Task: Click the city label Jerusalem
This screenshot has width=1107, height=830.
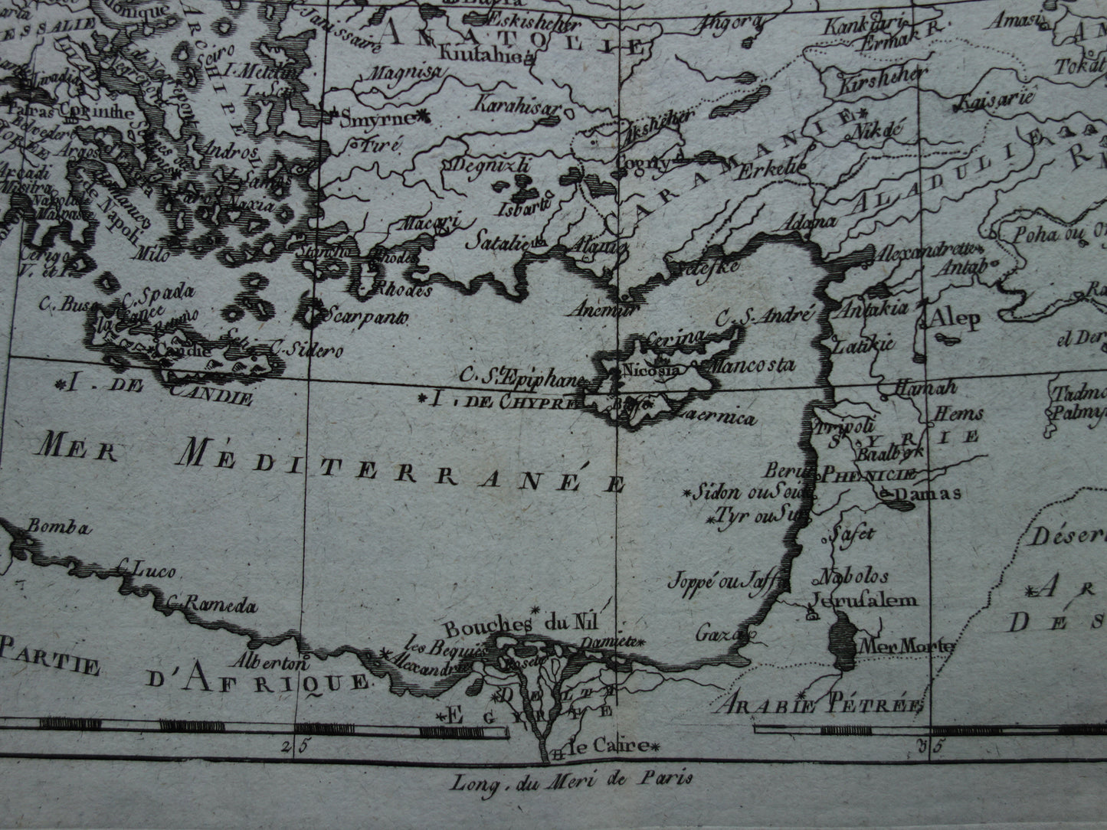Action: pyautogui.click(x=864, y=600)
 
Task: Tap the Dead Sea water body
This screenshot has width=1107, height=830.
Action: pyautogui.click(x=843, y=643)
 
